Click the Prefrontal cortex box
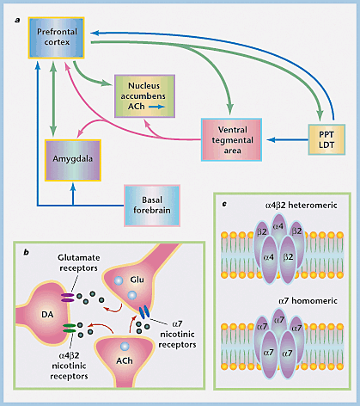56,38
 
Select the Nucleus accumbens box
144,96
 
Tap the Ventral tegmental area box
231,139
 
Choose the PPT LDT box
326,139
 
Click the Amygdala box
73,160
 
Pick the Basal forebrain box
152,206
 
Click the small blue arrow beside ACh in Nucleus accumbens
156,107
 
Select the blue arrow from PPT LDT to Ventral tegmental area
287,140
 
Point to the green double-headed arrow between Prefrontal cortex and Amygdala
53,98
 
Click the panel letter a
18,20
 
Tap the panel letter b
27,252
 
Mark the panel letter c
224,204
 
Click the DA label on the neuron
47,315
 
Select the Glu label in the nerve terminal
137,280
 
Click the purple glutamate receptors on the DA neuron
68,298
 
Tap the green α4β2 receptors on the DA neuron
70,328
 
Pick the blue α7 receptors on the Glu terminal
144,312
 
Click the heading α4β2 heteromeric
302,206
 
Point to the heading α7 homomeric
308,301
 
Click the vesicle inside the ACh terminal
125,347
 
